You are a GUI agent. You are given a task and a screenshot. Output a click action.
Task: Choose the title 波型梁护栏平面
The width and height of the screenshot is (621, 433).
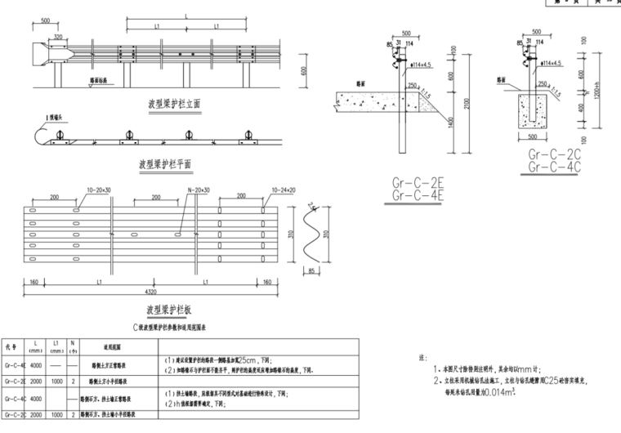coord(165,163)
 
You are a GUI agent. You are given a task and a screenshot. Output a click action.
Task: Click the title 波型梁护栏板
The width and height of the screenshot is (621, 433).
coord(169,310)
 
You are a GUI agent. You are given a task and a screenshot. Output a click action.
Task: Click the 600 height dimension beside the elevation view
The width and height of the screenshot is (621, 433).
coord(303,71)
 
